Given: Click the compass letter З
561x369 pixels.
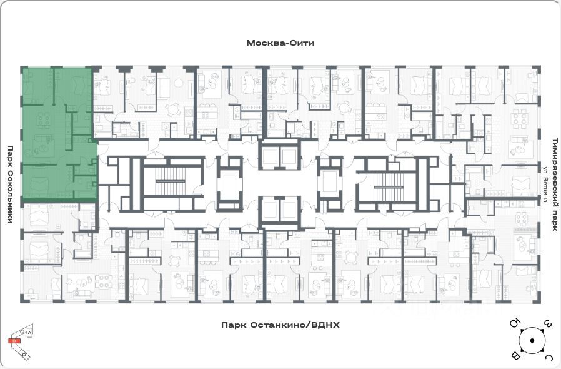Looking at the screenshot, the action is coord(547,324).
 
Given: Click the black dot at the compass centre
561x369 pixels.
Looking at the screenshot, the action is coord(531,340).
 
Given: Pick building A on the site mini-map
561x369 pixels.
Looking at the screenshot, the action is coord(29,334).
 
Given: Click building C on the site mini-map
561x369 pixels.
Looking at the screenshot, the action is coord(23,354).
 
